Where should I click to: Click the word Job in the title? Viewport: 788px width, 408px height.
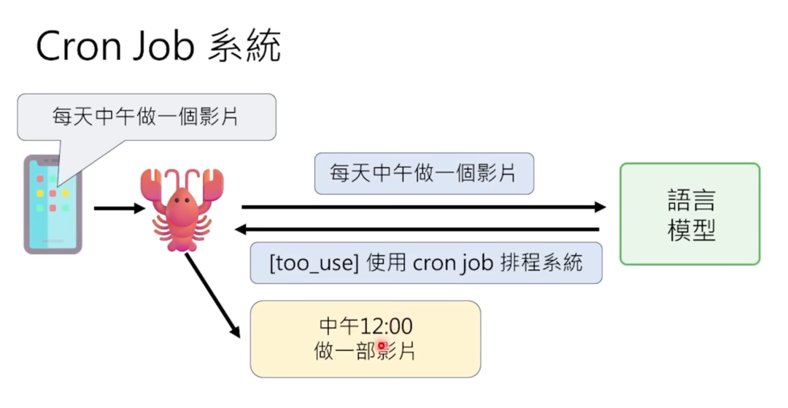click(x=166, y=47)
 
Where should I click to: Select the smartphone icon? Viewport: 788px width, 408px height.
click(x=53, y=204)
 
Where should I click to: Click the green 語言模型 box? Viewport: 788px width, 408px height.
click(x=689, y=213)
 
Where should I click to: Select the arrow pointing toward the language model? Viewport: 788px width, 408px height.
click(x=423, y=207)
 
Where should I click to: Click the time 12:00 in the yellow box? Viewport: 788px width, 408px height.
click(x=386, y=326)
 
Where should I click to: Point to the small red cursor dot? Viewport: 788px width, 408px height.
click(x=381, y=345)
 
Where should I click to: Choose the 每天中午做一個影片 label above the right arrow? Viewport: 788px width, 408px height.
click(x=423, y=174)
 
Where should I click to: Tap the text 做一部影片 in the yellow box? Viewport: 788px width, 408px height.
click(x=365, y=351)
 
